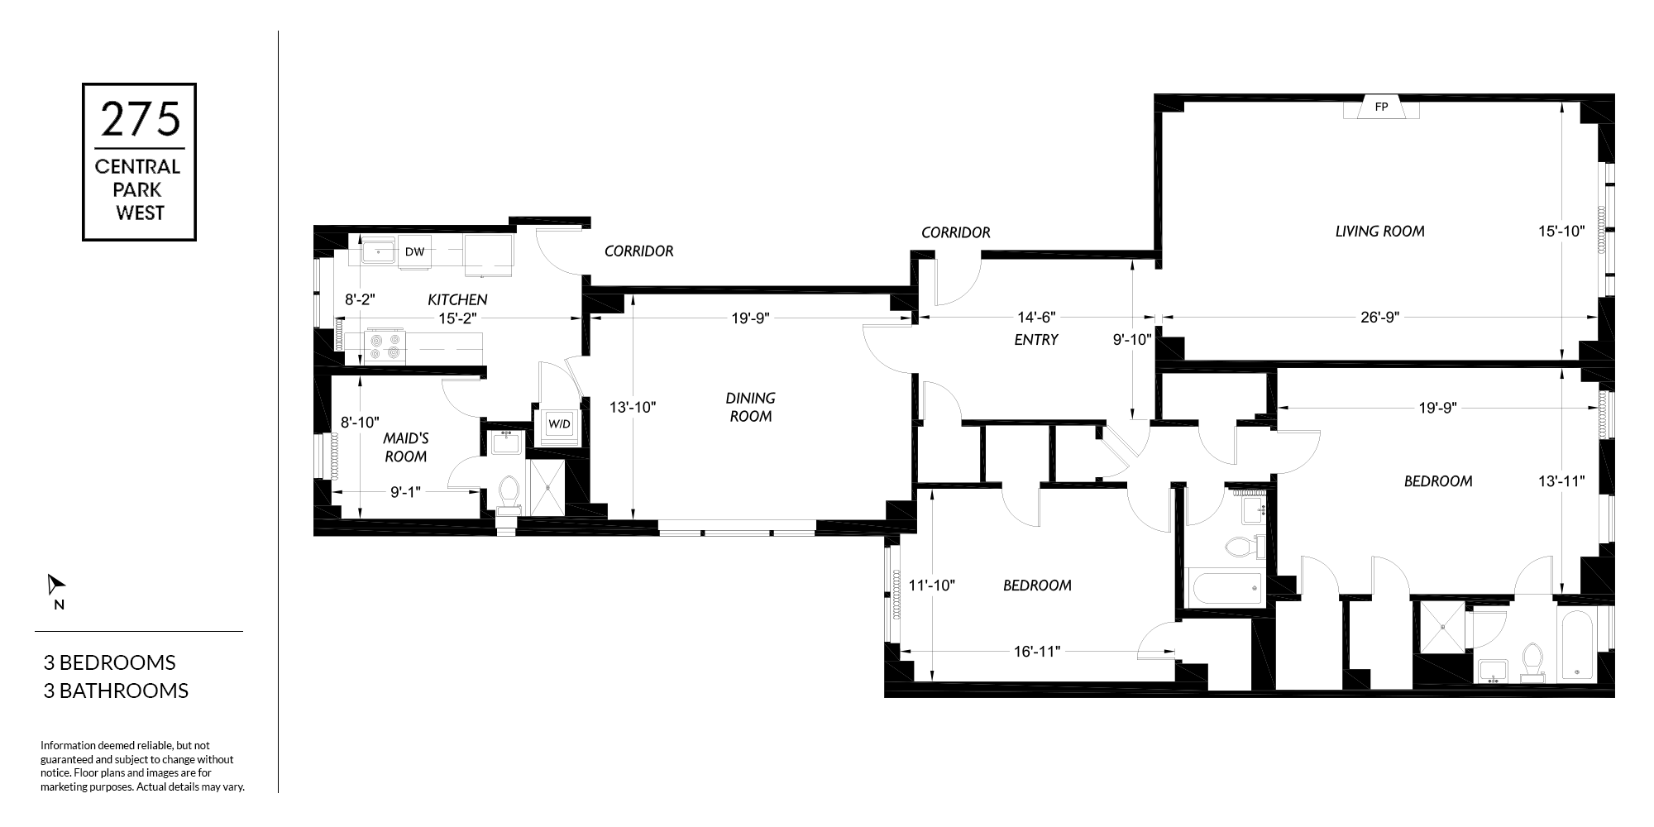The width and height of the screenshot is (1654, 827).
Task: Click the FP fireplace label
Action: (1381, 107)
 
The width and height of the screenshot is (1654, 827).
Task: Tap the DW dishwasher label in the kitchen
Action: (414, 251)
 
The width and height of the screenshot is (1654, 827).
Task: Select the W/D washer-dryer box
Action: (559, 424)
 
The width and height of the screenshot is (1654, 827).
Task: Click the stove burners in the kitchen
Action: (386, 346)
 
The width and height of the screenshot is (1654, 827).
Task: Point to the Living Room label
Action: (1379, 232)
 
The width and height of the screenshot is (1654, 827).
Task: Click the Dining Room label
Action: (751, 407)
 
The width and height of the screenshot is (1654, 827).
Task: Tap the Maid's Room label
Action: (405, 447)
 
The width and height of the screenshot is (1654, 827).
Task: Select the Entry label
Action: (1035, 339)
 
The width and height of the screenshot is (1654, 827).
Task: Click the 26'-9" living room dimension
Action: (1379, 317)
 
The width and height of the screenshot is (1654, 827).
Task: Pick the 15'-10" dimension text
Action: (1561, 232)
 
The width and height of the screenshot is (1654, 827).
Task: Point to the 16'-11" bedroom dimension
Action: (1037, 652)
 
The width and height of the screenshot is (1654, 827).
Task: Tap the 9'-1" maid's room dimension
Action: (405, 492)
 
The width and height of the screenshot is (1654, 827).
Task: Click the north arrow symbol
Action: (55, 585)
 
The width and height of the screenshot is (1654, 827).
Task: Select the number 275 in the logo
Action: (140, 119)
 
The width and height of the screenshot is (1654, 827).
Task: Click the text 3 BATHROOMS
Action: (116, 691)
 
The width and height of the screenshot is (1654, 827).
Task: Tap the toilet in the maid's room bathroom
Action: (509, 495)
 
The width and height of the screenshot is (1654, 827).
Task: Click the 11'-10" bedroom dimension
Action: (932, 586)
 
